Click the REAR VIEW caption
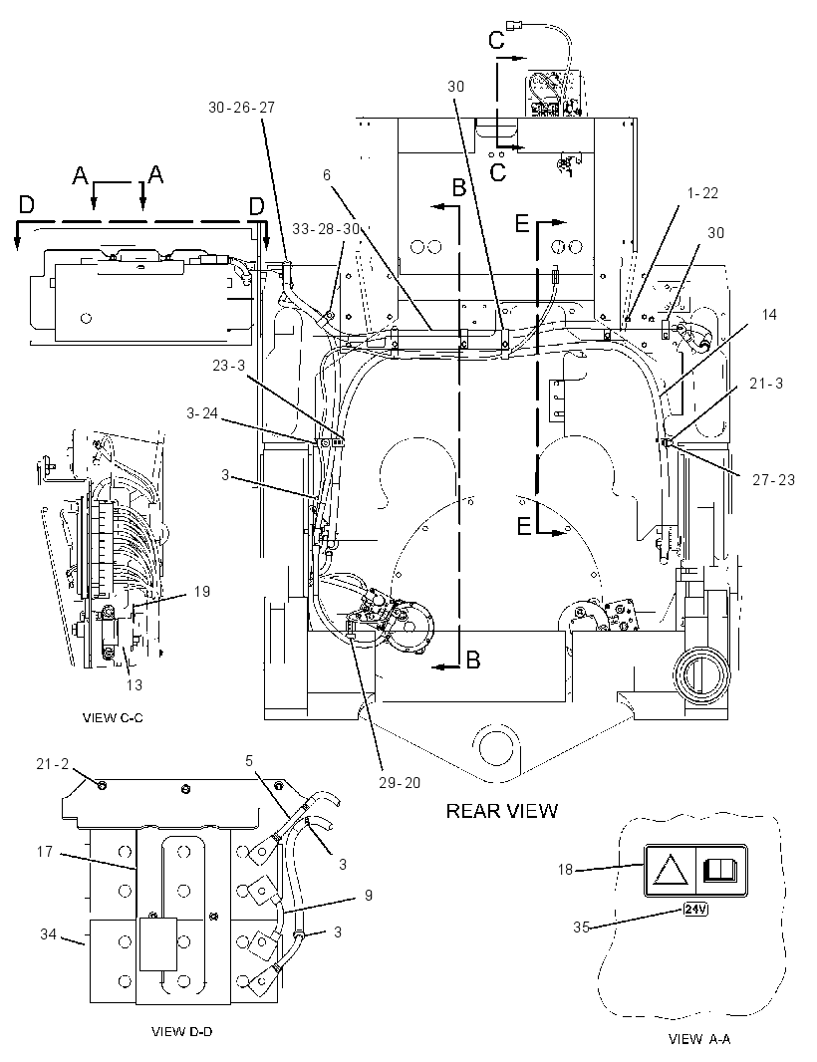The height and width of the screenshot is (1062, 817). tap(501, 811)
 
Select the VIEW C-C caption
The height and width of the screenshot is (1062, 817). tap(113, 718)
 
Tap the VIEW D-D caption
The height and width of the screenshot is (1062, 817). tap(181, 1031)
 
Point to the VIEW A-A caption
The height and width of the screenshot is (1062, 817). tap(699, 1039)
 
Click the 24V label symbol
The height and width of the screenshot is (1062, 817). tap(695, 909)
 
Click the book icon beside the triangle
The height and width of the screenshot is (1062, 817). tap(719, 870)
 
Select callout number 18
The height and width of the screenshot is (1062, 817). tap(565, 869)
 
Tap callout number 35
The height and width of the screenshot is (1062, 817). tap(581, 928)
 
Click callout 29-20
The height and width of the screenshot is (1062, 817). tap(400, 783)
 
